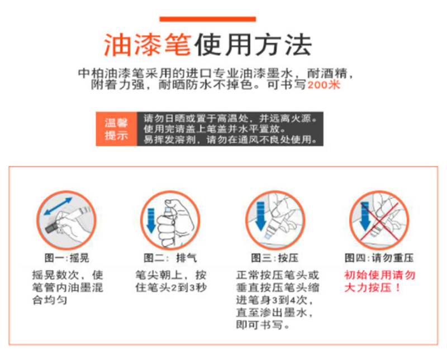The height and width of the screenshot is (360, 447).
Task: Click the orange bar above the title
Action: (207, 19)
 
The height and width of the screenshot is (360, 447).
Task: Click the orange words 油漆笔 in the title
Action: (148, 45)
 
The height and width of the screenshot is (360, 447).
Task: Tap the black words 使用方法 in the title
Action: (253, 45)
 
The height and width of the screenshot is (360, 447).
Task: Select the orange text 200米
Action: (324, 85)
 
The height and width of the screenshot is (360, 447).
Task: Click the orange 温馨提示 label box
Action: (116, 129)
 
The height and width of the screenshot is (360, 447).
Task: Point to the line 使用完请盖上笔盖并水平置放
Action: (215, 129)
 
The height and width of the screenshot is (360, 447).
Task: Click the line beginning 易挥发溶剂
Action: (230, 140)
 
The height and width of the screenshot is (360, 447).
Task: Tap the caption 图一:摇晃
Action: (66, 258)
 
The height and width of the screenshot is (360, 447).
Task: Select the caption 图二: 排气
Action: (170, 258)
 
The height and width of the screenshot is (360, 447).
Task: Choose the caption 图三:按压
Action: (275, 258)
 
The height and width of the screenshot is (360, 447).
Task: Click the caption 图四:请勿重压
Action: (379, 258)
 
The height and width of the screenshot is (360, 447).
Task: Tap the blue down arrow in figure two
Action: (151, 220)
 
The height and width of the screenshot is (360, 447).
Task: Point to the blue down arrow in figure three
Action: (261, 216)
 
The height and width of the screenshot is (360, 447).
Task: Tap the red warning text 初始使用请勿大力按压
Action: (379, 281)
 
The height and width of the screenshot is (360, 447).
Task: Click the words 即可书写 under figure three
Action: (260, 325)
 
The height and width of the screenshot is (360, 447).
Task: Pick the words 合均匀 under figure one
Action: (50, 300)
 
